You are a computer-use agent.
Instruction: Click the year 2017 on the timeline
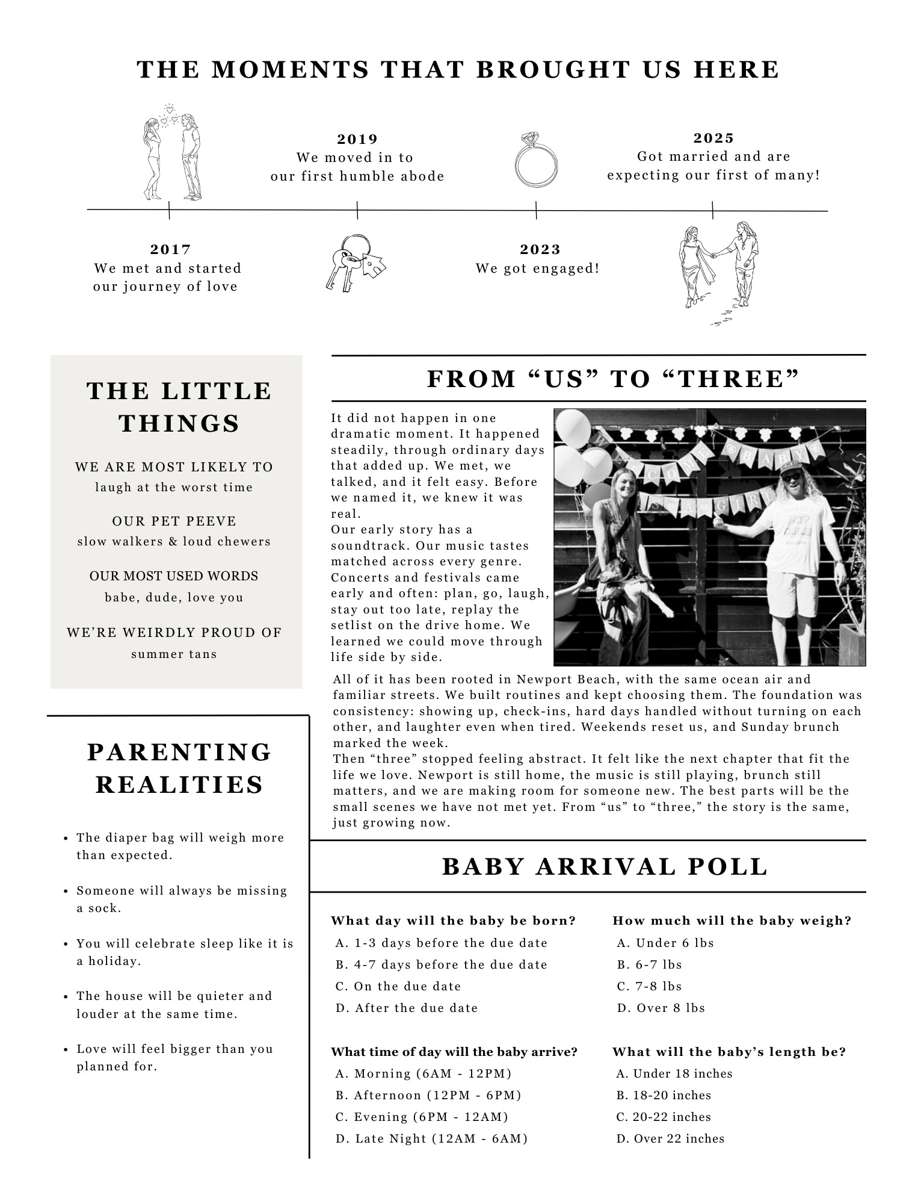170,249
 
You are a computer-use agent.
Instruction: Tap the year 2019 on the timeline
357,139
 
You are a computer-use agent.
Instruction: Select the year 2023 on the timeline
540,249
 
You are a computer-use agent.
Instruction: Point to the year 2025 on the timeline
713,138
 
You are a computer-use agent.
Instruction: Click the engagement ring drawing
535,160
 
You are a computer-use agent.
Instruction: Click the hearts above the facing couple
169,116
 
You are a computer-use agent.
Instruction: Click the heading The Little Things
179,407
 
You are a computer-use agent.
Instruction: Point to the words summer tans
174,654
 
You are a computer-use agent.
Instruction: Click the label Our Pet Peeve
174,521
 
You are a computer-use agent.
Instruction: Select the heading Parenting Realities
179,768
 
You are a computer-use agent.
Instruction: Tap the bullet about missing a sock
182,899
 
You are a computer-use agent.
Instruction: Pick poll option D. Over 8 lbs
661,1008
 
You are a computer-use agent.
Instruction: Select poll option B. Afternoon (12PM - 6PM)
428,1095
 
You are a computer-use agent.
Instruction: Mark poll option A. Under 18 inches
674,1073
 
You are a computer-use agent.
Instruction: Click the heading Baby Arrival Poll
605,867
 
